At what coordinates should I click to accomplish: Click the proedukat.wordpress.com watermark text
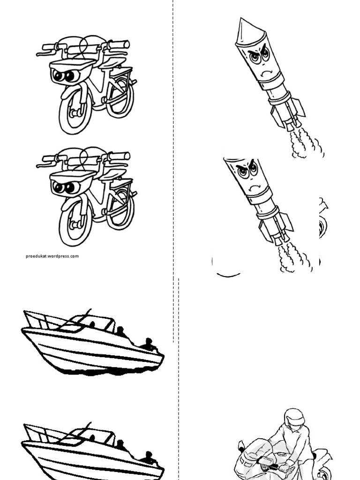[x=52, y=256]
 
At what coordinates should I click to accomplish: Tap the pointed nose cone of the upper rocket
[x=244, y=28]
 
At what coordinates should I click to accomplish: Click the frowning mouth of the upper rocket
[x=267, y=73]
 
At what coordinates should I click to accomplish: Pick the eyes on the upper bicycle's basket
[x=64, y=75]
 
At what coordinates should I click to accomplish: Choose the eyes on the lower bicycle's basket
[x=64, y=188]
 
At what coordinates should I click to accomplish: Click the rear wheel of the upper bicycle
[x=120, y=96]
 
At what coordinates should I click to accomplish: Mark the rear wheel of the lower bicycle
[x=120, y=209]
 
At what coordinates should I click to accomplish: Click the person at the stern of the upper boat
[x=149, y=345]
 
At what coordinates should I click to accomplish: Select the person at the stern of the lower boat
[x=149, y=457]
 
